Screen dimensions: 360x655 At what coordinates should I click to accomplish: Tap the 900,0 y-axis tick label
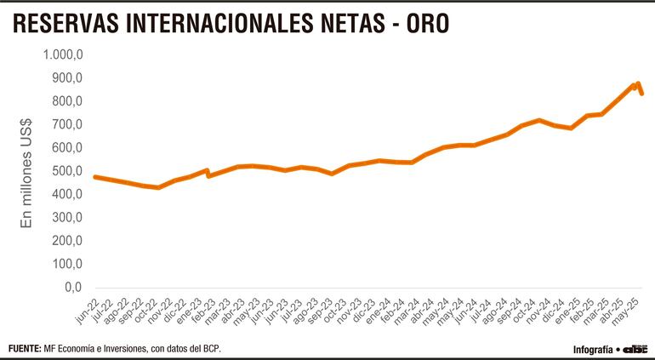point(66,78)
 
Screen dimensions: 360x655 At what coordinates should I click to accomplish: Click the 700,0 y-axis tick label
point(66,125)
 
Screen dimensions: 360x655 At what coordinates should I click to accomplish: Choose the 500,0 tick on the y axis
point(66,171)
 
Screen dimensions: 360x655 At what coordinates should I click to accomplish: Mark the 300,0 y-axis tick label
point(66,218)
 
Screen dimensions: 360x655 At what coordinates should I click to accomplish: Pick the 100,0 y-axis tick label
point(66,265)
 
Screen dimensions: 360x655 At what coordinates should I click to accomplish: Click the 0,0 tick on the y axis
point(73,288)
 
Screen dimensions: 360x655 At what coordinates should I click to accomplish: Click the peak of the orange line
point(637,83)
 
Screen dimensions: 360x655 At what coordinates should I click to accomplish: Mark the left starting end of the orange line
point(94,176)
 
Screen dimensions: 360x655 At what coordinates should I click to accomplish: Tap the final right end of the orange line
point(641,94)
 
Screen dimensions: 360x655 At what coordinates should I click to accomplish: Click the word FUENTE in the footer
point(25,349)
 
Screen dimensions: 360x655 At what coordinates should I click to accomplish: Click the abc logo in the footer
point(635,349)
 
